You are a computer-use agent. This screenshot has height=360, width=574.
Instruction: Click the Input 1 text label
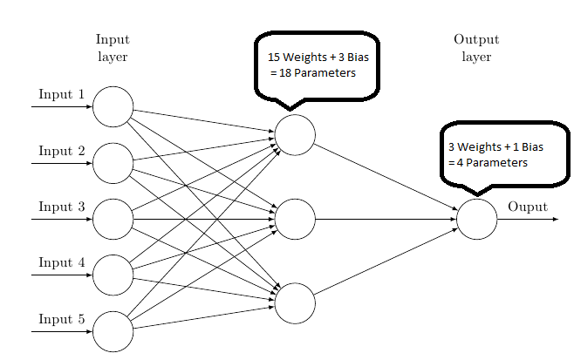pyautogui.click(x=60, y=94)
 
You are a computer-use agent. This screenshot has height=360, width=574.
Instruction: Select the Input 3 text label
pyautogui.click(x=60, y=207)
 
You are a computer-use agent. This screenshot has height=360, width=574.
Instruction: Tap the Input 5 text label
pyautogui.click(x=60, y=319)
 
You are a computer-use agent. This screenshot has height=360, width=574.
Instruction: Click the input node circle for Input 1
pyautogui.click(x=113, y=106)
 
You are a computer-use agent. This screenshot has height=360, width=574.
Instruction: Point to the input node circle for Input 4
pyautogui.click(x=113, y=275)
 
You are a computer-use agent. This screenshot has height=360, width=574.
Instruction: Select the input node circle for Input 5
pyautogui.click(x=113, y=331)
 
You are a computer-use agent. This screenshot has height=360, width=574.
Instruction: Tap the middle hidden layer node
pyautogui.click(x=295, y=219)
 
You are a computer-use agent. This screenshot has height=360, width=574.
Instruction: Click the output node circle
pyautogui.click(x=477, y=219)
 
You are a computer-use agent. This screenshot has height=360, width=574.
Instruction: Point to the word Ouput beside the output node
pyautogui.click(x=528, y=207)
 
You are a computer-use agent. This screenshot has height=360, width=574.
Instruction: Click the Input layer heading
pyautogui.click(x=113, y=47)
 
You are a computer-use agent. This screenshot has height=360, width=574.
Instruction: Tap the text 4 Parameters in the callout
pyautogui.click(x=493, y=162)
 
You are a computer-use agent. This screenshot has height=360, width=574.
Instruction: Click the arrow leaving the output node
pyautogui.click(x=528, y=219)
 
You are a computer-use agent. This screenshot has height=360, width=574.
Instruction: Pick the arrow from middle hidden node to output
pyautogui.click(x=384, y=219)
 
